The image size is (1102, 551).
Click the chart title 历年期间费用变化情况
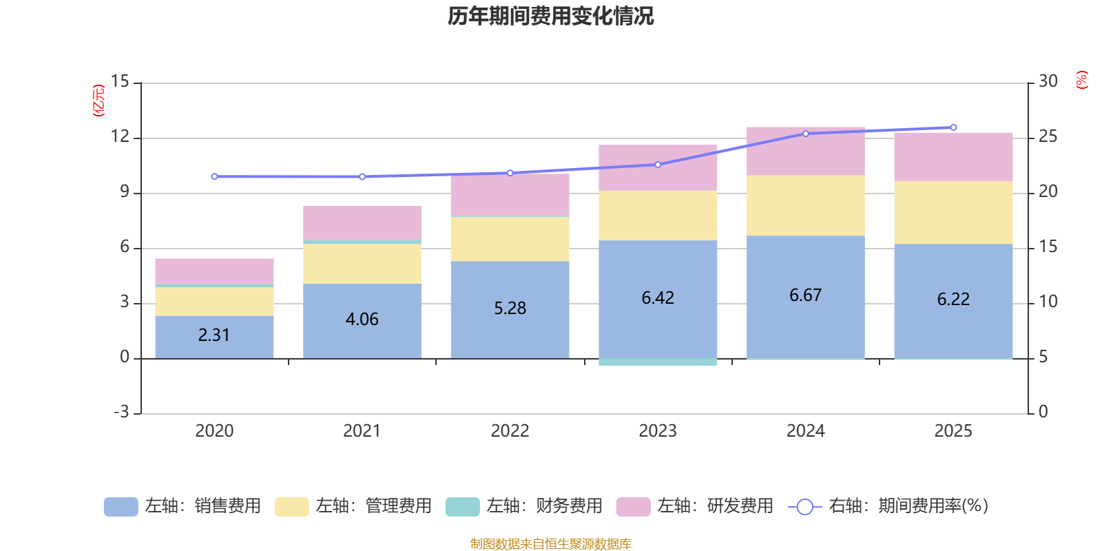tap(550, 16)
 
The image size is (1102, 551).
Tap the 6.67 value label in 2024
tap(805, 295)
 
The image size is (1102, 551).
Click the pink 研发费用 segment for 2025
tap(953, 156)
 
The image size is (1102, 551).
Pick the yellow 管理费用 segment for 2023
tap(658, 216)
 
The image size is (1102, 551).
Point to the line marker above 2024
tap(806, 134)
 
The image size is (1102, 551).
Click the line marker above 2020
tap(214, 176)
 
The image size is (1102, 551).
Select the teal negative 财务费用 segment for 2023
tap(658, 362)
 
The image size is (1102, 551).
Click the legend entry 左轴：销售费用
tap(183, 506)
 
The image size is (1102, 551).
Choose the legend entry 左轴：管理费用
tap(353, 506)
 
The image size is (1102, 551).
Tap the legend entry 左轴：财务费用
tap(524, 506)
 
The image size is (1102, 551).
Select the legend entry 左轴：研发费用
tap(695, 506)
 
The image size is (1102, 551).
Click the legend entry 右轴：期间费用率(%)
tap(888, 506)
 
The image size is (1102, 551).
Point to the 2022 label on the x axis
tap(510, 431)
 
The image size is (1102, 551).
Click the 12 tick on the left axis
tap(121, 136)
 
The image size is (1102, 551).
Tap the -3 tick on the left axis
tap(121, 412)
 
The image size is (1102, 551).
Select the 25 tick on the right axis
tap(1048, 136)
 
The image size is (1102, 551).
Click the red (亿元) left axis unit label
tap(99, 101)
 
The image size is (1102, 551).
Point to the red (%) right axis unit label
tap(1082, 80)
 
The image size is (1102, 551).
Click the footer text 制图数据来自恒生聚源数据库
tap(550, 544)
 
